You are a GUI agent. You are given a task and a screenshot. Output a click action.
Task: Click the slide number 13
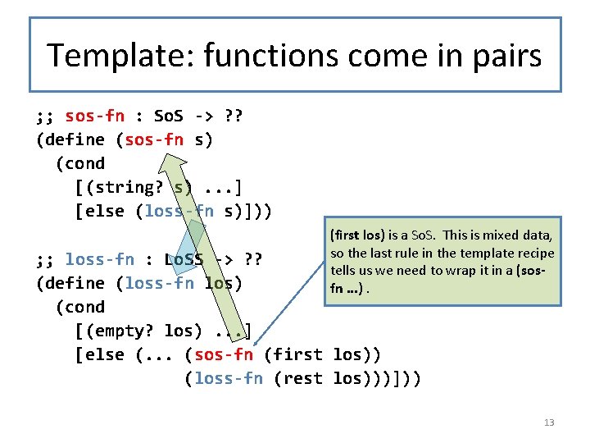click(548, 422)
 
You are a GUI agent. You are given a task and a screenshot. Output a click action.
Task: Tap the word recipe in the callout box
click(533, 253)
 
